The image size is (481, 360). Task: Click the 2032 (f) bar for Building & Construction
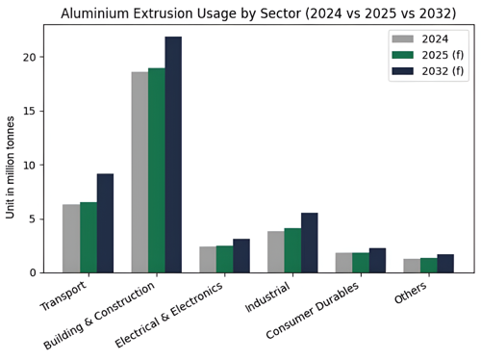pyautogui.click(x=173, y=154)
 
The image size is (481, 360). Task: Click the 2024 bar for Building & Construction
pyautogui.click(x=139, y=172)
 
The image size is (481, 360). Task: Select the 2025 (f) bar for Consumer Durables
pyautogui.click(x=361, y=263)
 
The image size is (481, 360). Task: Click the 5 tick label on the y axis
pyautogui.click(x=33, y=219)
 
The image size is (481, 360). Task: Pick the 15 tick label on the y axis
pyautogui.click(x=30, y=112)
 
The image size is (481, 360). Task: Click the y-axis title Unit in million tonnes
pyautogui.click(x=12, y=180)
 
